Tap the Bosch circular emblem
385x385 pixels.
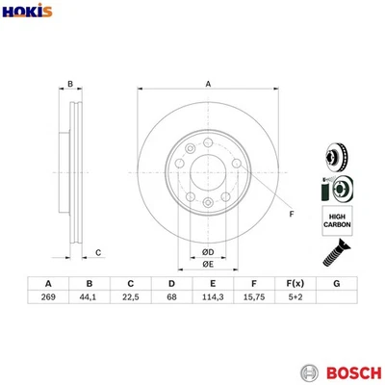pos(309,371)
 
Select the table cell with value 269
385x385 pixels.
pos(47,298)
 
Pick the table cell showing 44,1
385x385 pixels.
pos(89,298)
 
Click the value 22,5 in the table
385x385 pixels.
pos(130,298)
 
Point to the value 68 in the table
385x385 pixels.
pos(171,298)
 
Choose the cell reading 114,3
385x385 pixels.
pos(212,298)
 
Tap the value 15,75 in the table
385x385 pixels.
pos(253,298)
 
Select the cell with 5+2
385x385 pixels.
pos(295,298)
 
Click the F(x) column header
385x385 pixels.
pos(295,284)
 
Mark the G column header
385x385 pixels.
pos(336,284)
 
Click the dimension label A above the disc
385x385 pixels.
pos(208,84)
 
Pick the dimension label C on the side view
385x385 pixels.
pos(99,252)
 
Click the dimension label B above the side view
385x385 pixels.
pos(70,84)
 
